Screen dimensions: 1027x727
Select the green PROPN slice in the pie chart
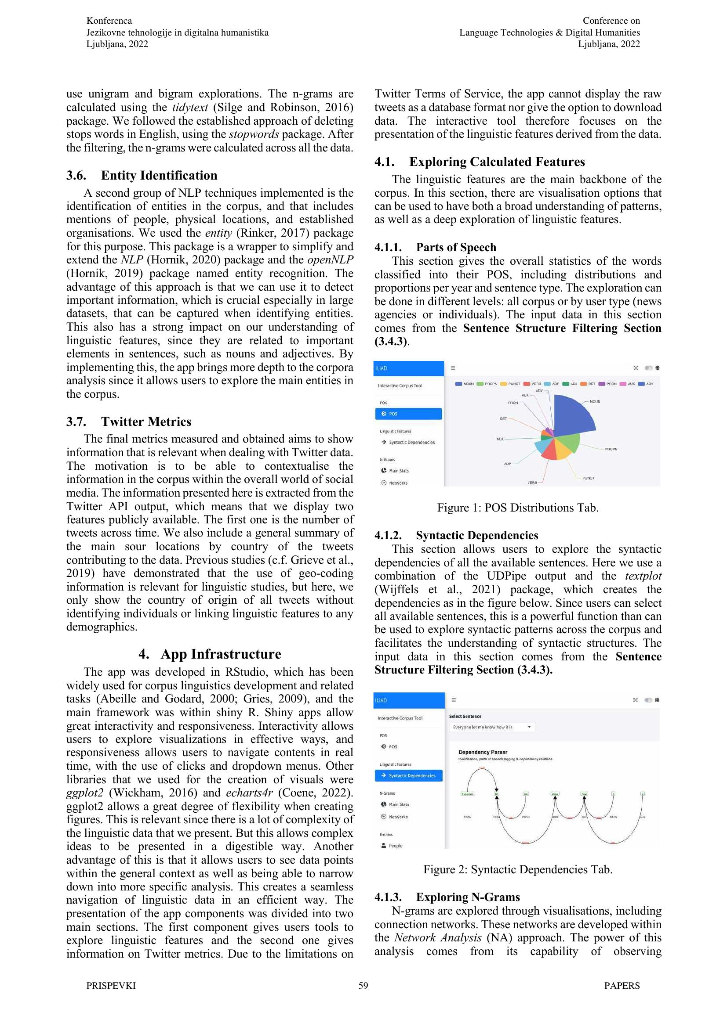[x=567, y=443]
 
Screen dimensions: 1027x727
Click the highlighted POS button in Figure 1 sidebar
[x=408, y=414]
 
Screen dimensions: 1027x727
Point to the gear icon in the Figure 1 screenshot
[x=657, y=368]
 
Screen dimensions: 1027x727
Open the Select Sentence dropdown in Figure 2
[x=492, y=727]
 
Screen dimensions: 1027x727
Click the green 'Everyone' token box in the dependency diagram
[x=467, y=793]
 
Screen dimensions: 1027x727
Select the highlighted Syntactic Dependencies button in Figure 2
[x=408, y=775]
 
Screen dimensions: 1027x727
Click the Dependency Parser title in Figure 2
[x=483, y=752]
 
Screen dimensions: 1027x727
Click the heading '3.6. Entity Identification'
[x=142, y=175]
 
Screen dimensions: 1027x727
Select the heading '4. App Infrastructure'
[x=210, y=654]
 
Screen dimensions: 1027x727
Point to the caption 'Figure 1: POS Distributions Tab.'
[x=517, y=508]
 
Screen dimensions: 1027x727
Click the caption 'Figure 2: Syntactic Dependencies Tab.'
[x=517, y=869]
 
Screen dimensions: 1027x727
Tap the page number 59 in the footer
[x=363, y=986]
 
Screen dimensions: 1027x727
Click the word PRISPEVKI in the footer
[x=111, y=986]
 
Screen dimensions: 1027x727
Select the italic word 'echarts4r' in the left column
[x=249, y=793]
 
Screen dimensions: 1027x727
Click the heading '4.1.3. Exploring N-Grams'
[x=447, y=897]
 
